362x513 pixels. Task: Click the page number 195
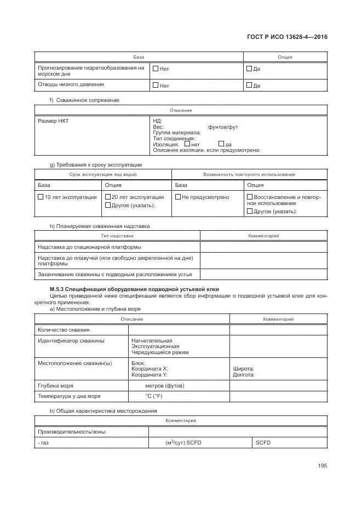click(x=322, y=465)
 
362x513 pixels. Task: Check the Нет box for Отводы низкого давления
click(x=156, y=85)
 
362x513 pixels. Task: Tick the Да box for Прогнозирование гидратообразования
click(x=249, y=69)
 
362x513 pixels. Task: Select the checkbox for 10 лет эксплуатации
click(x=41, y=197)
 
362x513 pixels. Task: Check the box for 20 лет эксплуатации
click(x=108, y=197)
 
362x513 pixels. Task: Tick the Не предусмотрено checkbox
click(x=178, y=197)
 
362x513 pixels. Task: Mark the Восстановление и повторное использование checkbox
click(x=250, y=197)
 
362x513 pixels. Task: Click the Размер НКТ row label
click(x=53, y=121)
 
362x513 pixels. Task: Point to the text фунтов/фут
click(x=223, y=127)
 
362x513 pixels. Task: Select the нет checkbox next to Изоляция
click(x=187, y=144)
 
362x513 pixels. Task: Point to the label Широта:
click(x=243, y=369)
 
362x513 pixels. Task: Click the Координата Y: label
click(x=150, y=375)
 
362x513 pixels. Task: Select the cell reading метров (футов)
click(x=164, y=386)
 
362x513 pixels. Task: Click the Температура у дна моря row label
click(x=68, y=396)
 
